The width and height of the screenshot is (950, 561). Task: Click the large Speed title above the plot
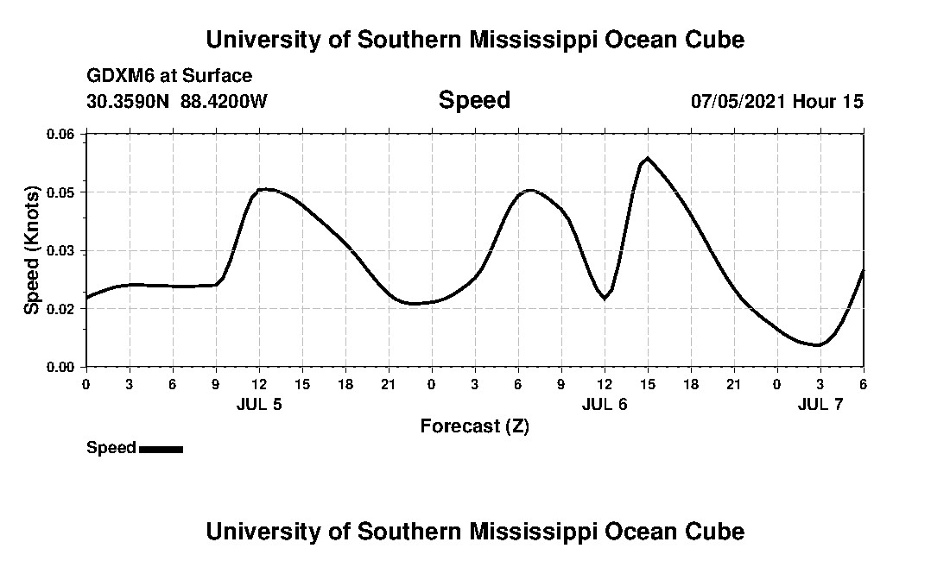click(x=474, y=100)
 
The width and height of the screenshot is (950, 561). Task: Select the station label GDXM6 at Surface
click(x=169, y=76)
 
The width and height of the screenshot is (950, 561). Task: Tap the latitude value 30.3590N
click(x=129, y=101)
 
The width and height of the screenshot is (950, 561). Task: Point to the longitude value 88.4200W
click(x=224, y=101)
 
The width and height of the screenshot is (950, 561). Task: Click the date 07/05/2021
click(x=738, y=101)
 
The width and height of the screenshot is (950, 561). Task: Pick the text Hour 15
click(x=827, y=101)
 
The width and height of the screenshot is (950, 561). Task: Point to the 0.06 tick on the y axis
click(x=60, y=134)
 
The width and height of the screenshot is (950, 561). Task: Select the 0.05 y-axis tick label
click(x=60, y=192)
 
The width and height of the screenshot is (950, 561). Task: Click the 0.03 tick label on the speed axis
click(x=60, y=250)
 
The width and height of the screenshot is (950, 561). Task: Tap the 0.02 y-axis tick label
click(x=60, y=308)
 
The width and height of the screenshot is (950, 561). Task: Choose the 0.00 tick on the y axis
click(x=60, y=367)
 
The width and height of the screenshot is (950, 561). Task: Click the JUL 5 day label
click(x=259, y=404)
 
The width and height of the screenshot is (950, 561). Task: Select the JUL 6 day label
click(x=605, y=404)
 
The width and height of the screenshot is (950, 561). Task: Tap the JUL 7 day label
click(x=820, y=404)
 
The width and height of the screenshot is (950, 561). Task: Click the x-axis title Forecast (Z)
click(x=474, y=426)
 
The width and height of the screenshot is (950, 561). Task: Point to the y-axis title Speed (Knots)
click(x=32, y=249)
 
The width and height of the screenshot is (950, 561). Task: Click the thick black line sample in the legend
click(x=161, y=449)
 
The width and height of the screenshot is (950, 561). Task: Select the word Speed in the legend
click(x=111, y=448)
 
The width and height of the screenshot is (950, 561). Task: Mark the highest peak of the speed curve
click(x=647, y=159)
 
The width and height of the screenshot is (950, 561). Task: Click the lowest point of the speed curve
click(x=817, y=345)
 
